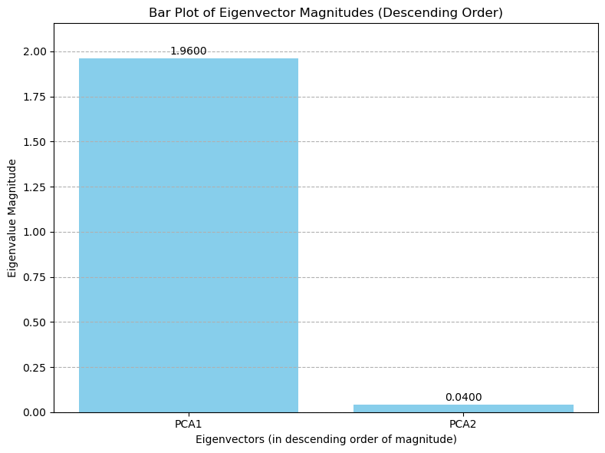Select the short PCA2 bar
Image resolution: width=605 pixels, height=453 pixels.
[463, 408]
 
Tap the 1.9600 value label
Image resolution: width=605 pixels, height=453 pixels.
[188, 51]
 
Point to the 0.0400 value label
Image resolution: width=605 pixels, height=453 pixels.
[463, 397]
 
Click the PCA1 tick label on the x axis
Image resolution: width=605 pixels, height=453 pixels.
[188, 424]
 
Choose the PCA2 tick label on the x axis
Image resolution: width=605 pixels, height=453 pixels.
[463, 424]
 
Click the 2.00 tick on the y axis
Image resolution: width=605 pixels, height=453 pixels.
[35, 51]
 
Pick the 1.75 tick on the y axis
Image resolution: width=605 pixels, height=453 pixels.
[35, 97]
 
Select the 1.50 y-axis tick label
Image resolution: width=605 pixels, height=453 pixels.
[35, 142]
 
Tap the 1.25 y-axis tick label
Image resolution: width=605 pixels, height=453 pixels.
[35, 187]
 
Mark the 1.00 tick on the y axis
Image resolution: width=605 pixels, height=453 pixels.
[35, 232]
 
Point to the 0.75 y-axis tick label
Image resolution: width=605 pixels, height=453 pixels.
[35, 277]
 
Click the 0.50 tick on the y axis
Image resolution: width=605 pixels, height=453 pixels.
[35, 322]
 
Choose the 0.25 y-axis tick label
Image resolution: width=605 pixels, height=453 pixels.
[35, 367]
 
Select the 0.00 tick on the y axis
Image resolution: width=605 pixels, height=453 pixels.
[35, 412]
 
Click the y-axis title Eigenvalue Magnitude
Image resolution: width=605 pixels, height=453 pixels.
[12, 218]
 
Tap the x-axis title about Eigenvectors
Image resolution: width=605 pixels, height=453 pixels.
[326, 439]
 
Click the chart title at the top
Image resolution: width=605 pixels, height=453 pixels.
[326, 13]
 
